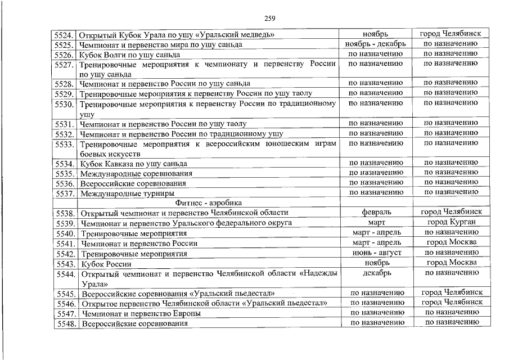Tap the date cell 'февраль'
[x=376, y=212]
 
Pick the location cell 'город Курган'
[x=451, y=222]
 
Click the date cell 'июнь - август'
[x=376, y=253]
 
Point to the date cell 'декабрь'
[x=376, y=273]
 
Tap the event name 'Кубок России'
[x=106, y=264]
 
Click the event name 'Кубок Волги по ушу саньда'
[x=129, y=55]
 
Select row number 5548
[x=66, y=324]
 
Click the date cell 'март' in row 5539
[x=376, y=223]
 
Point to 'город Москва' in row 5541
[x=451, y=242]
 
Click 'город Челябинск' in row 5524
[x=451, y=34]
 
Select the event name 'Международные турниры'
[x=126, y=193]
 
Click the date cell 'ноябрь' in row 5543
[x=376, y=263]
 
